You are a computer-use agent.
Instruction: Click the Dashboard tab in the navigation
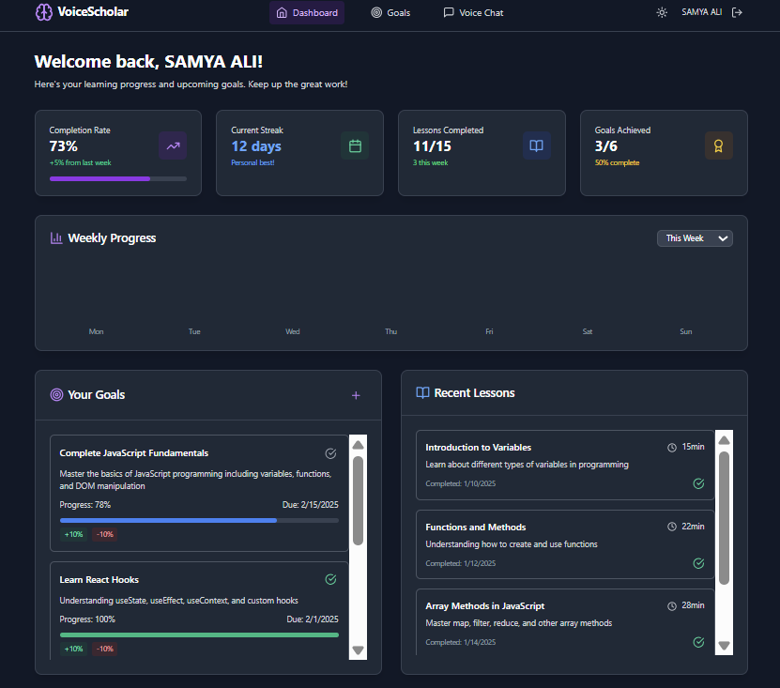click(x=307, y=13)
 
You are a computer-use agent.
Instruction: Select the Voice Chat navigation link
click(x=473, y=13)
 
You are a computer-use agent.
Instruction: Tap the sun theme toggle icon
click(x=662, y=13)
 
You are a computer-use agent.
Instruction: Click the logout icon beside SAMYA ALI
click(x=737, y=12)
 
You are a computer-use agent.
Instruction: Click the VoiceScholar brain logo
click(x=44, y=12)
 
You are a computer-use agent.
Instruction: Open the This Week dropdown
click(x=695, y=238)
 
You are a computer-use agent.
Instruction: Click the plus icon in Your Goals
click(x=356, y=395)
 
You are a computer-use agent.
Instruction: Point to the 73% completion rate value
click(x=64, y=146)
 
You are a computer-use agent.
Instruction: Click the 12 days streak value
click(x=256, y=146)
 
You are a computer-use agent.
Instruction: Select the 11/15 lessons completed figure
click(x=432, y=146)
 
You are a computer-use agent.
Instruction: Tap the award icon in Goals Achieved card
click(x=718, y=145)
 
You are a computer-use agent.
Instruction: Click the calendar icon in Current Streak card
click(x=355, y=145)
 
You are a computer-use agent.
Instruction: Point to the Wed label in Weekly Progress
click(x=293, y=331)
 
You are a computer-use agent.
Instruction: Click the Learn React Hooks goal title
click(x=99, y=580)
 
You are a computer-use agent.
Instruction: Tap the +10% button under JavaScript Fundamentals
click(x=73, y=534)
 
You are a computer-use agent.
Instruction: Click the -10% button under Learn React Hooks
click(x=105, y=649)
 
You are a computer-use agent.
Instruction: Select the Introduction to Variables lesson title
click(x=478, y=448)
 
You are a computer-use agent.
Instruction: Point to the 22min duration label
click(x=693, y=527)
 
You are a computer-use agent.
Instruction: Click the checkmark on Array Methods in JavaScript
click(x=698, y=642)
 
